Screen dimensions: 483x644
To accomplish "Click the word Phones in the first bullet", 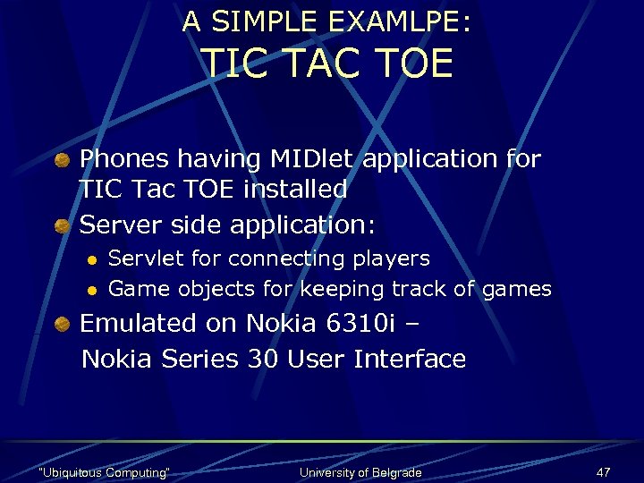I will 124,159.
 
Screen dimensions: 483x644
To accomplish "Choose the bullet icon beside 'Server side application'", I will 62,226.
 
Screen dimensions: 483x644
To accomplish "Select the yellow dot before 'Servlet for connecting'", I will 90,260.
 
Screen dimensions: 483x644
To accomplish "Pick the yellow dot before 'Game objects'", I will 90,290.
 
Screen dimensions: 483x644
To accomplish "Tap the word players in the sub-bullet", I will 394,259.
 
